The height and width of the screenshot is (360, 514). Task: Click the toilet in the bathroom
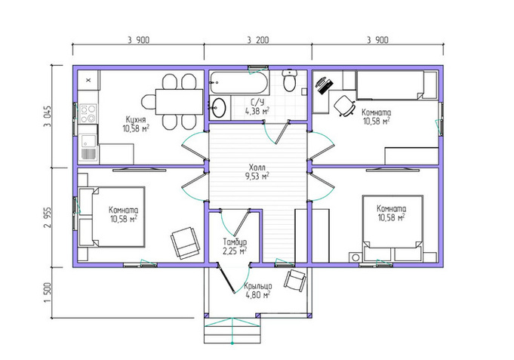pos(289,80)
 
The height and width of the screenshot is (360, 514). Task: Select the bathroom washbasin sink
pos(218,107)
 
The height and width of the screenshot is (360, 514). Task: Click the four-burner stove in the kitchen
pos(88,113)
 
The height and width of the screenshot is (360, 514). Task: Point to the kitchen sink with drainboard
pos(88,148)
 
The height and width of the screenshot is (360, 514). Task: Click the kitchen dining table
pos(179,101)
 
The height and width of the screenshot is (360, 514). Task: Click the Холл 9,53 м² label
pos(257,172)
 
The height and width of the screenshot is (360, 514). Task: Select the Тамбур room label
pos(235,242)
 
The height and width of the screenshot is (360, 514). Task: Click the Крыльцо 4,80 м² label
pos(257,291)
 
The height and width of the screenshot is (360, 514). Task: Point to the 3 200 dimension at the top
pos(258,40)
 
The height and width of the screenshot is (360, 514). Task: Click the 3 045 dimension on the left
pos(48,116)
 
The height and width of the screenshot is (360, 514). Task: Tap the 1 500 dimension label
pos(48,293)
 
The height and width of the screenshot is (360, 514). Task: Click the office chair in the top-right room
pos(345,106)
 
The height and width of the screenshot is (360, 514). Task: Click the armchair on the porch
pos(296,281)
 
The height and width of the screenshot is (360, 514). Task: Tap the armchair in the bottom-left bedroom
pos(185,243)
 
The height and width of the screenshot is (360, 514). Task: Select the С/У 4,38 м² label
pos(257,106)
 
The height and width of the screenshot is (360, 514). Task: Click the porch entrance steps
pos(232,331)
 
